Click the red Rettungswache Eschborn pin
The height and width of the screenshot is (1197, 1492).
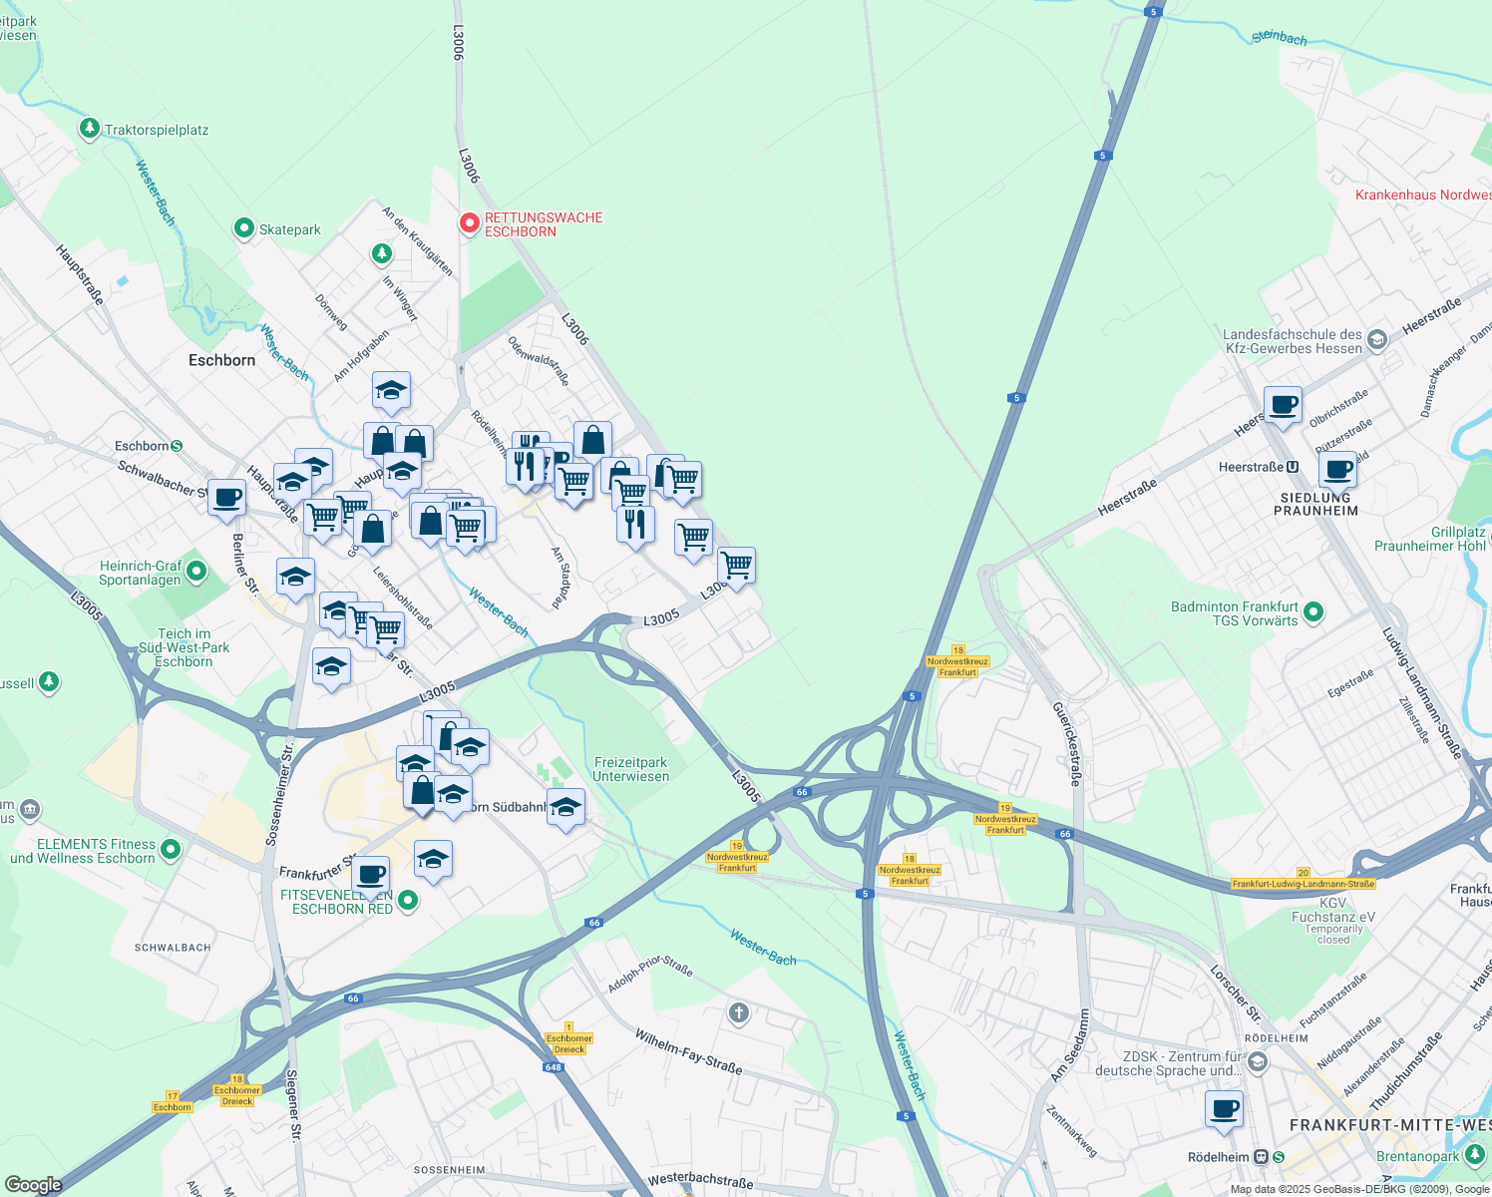click(x=469, y=222)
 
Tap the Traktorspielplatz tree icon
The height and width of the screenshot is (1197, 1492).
click(x=90, y=129)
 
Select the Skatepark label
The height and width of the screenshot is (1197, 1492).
click(x=289, y=229)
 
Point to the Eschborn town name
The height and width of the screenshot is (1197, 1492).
click(x=221, y=360)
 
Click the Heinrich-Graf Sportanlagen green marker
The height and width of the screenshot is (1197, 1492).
click(x=196, y=572)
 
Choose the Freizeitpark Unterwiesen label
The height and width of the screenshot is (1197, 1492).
click(x=630, y=769)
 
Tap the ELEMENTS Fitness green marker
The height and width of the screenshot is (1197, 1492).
click(x=171, y=849)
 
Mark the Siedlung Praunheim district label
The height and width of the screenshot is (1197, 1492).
click(x=1315, y=504)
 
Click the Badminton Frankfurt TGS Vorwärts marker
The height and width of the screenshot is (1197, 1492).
click(x=1313, y=612)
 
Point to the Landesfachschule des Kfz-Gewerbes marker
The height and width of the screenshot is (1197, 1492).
click(x=1376, y=340)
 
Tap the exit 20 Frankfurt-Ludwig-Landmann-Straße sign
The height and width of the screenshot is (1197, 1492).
click(x=1303, y=879)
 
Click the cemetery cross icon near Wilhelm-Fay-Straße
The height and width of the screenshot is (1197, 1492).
click(x=738, y=1014)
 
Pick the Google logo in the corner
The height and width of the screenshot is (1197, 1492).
click(x=33, y=1185)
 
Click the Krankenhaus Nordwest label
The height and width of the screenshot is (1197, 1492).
click(x=1422, y=195)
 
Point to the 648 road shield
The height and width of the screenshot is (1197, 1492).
click(x=553, y=1067)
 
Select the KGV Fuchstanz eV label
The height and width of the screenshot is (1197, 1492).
click(x=1332, y=910)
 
